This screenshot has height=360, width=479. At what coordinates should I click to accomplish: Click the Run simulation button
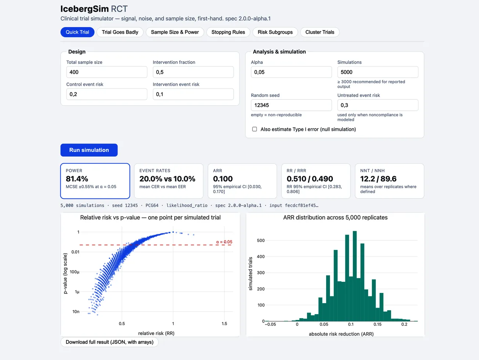pyautogui.click(x=89, y=150)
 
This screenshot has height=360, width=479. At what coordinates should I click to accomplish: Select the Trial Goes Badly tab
pyautogui.click(x=120, y=32)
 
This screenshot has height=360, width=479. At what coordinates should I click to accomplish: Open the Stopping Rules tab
pyautogui.click(x=228, y=32)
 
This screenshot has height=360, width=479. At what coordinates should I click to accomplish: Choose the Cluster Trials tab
pyautogui.click(x=320, y=32)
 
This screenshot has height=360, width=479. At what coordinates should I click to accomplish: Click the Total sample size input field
pyautogui.click(x=107, y=72)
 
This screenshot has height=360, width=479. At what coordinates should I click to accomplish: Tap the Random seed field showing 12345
pyautogui.click(x=291, y=105)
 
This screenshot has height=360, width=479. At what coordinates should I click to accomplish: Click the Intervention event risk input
pyautogui.click(x=193, y=94)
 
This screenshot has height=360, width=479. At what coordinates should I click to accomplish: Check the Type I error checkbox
pyautogui.click(x=255, y=129)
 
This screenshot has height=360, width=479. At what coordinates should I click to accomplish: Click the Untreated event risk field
pyautogui.click(x=378, y=105)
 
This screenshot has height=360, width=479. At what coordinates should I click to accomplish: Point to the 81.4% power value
pyautogui.click(x=77, y=179)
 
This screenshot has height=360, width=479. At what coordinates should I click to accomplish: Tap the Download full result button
pyautogui.click(x=109, y=342)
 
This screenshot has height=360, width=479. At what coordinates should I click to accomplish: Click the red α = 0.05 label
pyautogui.click(x=224, y=242)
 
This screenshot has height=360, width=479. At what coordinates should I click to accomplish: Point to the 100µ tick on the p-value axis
pyautogui.click(x=75, y=272)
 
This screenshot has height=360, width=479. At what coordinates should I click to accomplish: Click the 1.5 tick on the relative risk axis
pyautogui.click(x=224, y=324)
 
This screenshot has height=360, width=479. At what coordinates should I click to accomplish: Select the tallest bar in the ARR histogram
pyautogui.click(x=354, y=276)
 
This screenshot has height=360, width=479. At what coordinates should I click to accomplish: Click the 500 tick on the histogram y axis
pyautogui.click(x=261, y=240)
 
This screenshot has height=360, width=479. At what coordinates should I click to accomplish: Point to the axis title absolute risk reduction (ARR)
pyautogui.click(x=341, y=334)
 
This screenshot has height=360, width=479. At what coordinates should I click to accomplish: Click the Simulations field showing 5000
pyautogui.click(x=378, y=72)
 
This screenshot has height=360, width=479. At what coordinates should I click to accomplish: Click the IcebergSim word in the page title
pyautogui.click(x=85, y=9)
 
